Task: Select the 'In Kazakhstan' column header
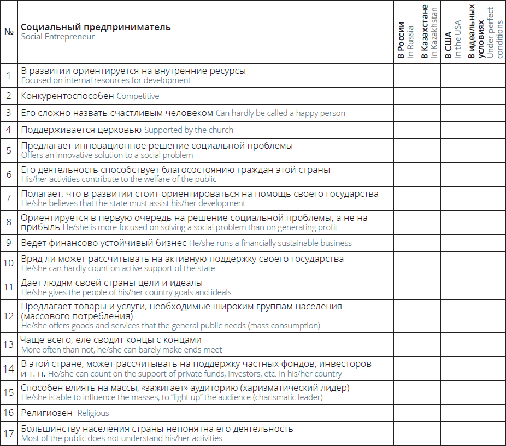coord(429,33)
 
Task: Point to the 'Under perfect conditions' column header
coord(484,32)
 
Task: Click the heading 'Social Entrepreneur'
coord(58,37)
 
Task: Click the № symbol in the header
coord(9,32)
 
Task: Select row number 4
coord(9,130)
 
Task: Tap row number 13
coord(9,344)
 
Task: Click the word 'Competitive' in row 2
coord(138,96)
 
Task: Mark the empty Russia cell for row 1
coord(405,75)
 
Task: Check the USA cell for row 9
coord(452,243)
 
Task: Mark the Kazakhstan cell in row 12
coord(429,316)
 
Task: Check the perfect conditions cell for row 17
coord(484,433)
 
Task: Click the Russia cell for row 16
coord(405,413)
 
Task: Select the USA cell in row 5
coord(452,150)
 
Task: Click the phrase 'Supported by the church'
coord(189,130)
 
